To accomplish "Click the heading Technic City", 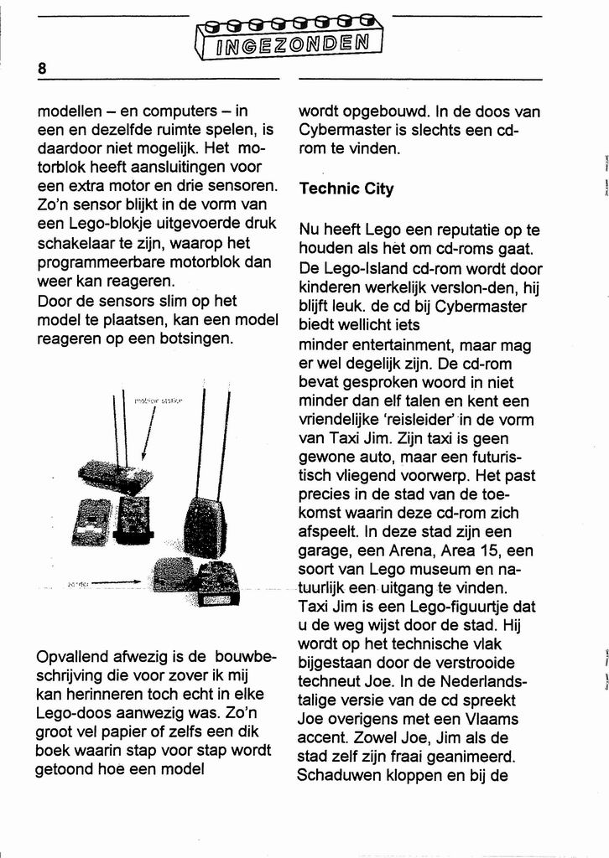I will [x=346, y=189].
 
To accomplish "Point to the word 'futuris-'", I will [x=490, y=457].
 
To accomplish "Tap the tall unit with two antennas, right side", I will [x=204, y=524].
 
